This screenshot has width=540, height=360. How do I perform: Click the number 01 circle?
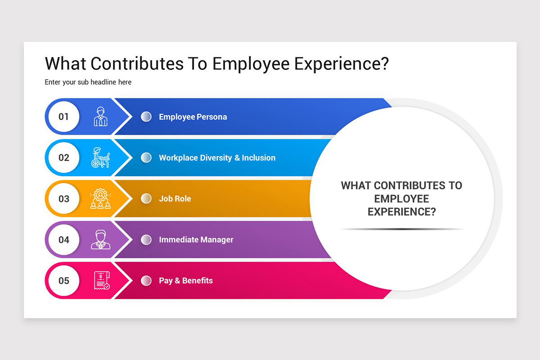pyautogui.click(x=64, y=117)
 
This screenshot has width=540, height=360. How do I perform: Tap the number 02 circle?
pyautogui.click(x=64, y=157)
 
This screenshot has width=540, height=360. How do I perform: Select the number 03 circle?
pyautogui.click(x=64, y=199)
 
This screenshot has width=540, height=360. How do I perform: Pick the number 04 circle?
pyautogui.click(x=64, y=240)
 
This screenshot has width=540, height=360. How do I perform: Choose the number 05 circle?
pyautogui.click(x=64, y=281)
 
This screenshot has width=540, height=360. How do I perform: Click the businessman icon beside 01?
pyautogui.click(x=101, y=117)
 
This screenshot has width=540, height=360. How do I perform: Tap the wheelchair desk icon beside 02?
pyautogui.click(x=100, y=157)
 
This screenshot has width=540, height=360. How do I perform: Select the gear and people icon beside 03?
pyautogui.click(x=100, y=198)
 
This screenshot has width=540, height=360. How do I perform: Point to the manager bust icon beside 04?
pyautogui.click(x=100, y=239)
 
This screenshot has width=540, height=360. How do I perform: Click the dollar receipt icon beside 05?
pyautogui.click(x=102, y=280)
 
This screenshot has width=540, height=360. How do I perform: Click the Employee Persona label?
pyautogui.click(x=193, y=117)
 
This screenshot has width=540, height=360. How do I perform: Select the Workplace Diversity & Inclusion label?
pyautogui.click(x=217, y=157)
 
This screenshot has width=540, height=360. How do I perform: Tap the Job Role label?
pyautogui.click(x=175, y=199)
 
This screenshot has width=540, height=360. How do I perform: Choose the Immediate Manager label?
pyautogui.click(x=196, y=240)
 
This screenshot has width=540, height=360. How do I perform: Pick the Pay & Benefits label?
pyautogui.click(x=186, y=281)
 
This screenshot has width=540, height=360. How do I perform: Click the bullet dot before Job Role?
pyautogui.click(x=146, y=199)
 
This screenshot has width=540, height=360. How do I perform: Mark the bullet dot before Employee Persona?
pyautogui.click(x=146, y=117)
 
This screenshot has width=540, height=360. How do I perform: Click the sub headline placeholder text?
pyautogui.click(x=88, y=82)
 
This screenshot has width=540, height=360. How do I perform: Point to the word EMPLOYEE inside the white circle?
pyautogui.click(x=401, y=199)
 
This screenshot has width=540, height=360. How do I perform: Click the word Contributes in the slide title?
pyautogui.click(x=137, y=63)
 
